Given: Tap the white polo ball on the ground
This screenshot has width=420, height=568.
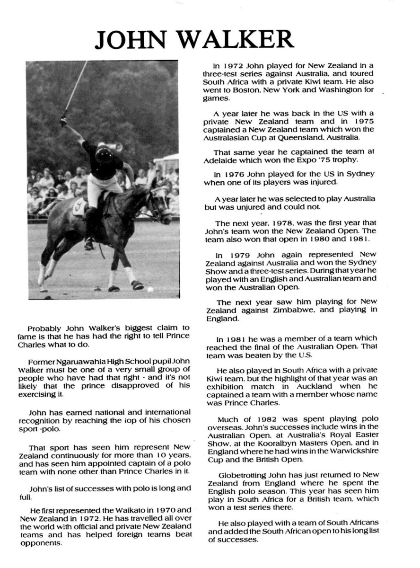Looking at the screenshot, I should coord(150,289).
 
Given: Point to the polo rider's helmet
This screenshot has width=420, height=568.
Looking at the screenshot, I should coord(103,152).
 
